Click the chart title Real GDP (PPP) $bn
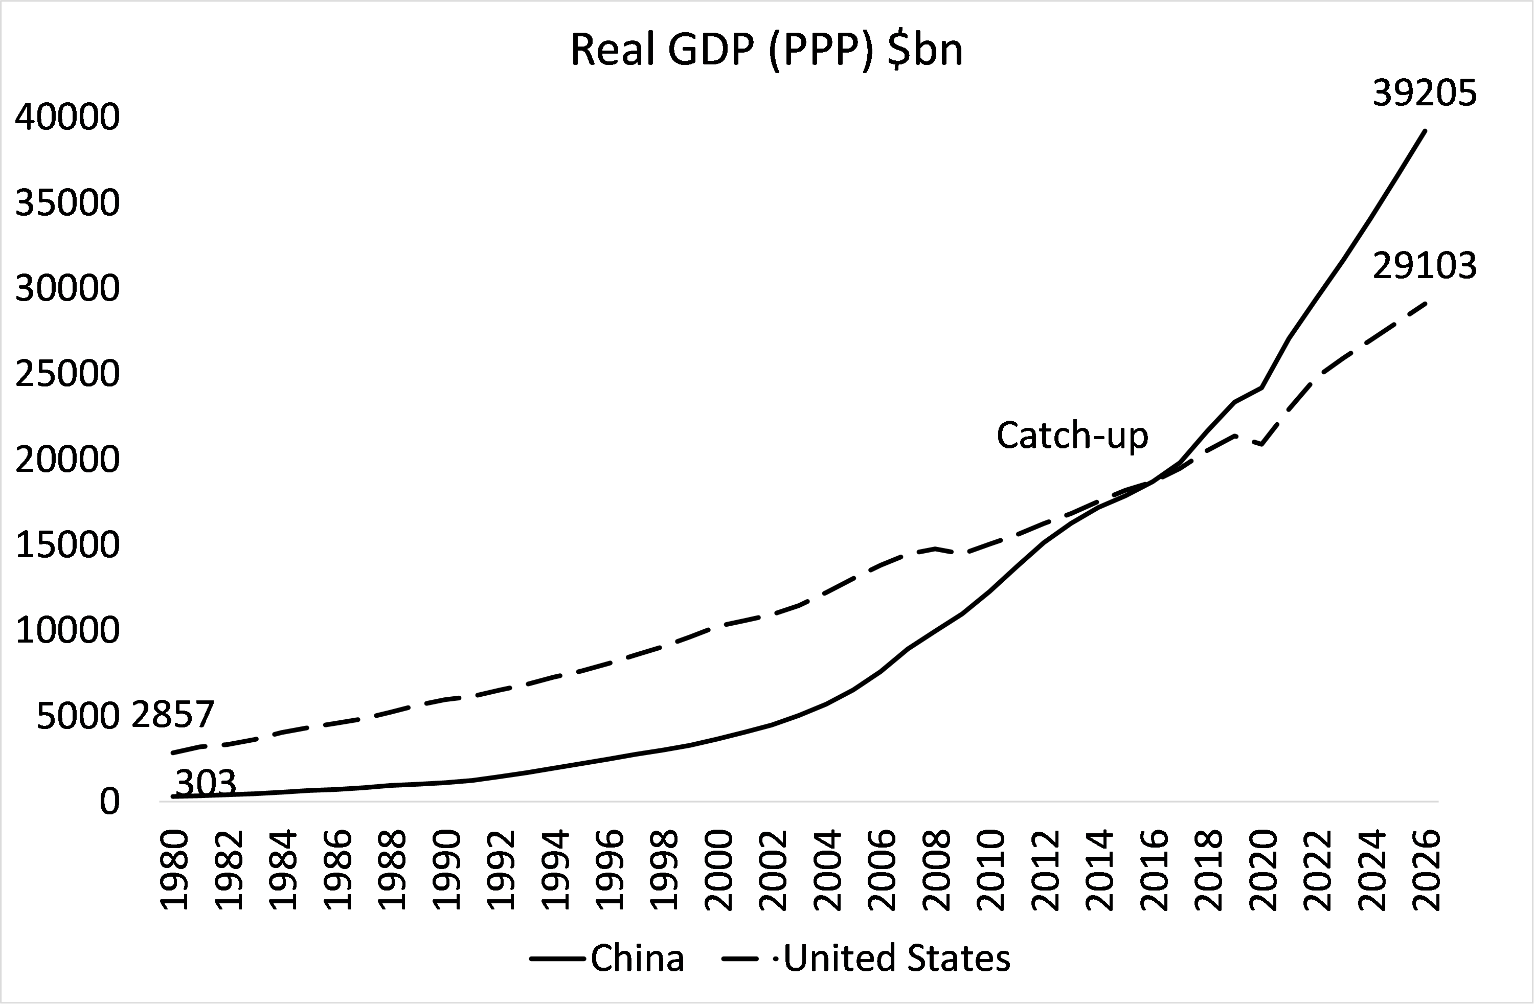[766, 50]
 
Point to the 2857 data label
[173, 715]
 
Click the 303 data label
[206, 783]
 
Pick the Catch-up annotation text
[1072, 436]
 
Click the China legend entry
[637, 958]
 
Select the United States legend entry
[896, 958]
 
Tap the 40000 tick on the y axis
[67, 117]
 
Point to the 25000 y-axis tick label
[67, 374]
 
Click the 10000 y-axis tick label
[67, 630]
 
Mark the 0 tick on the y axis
[109, 802]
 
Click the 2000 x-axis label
[720, 870]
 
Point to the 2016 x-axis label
[1154, 870]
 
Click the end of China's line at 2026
[1425, 131]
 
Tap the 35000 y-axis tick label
[67, 203]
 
